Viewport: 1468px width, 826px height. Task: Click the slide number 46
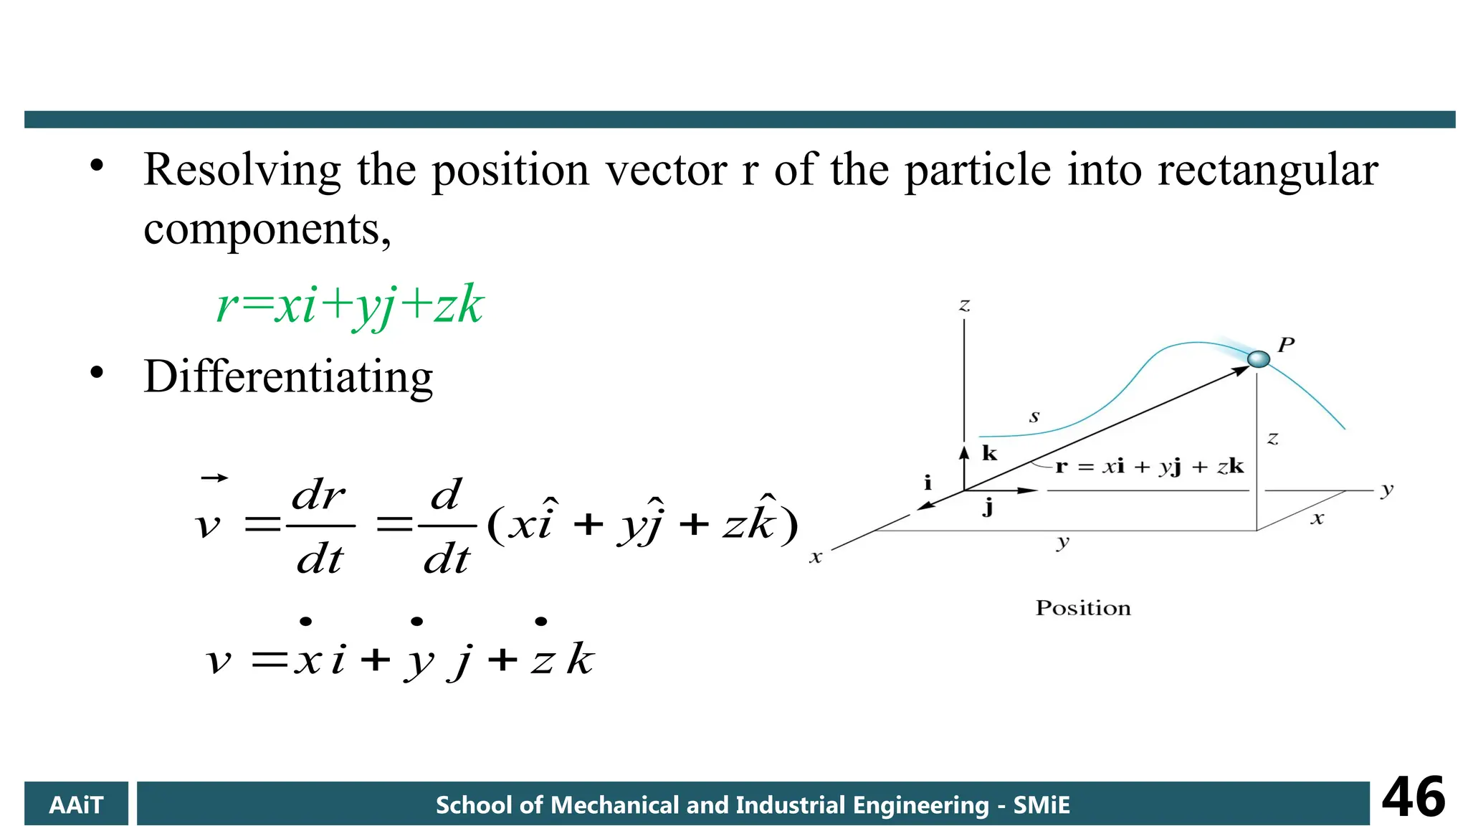(x=1413, y=797)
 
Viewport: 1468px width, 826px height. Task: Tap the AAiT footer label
(x=76, y=804)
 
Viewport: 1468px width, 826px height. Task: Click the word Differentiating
(x=288, y=376)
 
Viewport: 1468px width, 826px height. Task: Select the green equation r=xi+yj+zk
(x=350, y=305)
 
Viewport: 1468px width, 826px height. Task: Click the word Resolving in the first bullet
(x=242, y=171)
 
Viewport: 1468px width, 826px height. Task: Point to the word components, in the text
(x=267, y=229)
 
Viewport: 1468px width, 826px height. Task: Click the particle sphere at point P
(x=1258, y=359)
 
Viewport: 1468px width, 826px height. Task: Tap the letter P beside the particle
(x=1286, y=345)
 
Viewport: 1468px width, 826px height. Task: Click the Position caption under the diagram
(x=1082, y=608)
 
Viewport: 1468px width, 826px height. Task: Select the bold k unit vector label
(x=989, y=453)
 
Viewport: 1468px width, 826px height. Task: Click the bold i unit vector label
(x=928, y=482)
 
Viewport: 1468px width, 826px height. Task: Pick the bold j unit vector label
(x=988, y=508)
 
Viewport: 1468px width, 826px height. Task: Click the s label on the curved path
(x=1034, y=417)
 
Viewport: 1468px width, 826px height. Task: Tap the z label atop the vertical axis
(x=965, y=305)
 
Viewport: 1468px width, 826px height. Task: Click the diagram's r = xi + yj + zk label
(x=1149, y=467)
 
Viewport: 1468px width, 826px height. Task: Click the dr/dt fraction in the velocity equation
(x=320, y=526)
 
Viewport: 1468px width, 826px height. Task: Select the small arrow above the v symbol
(x=214, y=478)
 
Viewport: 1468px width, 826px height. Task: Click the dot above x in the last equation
(x=306, y=622)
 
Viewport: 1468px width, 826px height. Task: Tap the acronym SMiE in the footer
(x=1041, y=804)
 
